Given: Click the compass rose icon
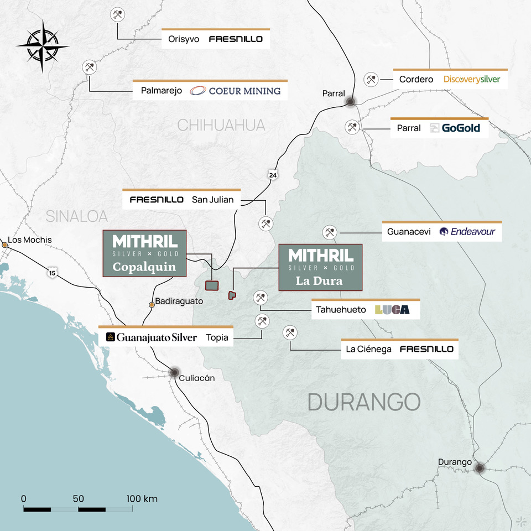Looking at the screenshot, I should coord(43,46).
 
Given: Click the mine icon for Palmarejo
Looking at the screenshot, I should coord(89,67).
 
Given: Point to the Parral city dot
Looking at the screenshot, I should coord(351,102).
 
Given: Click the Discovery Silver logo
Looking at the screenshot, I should coord(471,79).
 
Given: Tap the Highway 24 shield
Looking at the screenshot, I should coord(272,175).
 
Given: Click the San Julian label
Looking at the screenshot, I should coord(212,200).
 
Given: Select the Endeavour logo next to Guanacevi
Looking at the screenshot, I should coord(467,232).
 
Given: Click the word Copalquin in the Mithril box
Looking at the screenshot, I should coord(144,267).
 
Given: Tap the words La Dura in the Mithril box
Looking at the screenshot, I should coord(319,281).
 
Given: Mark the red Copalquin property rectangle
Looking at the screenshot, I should coord(212,285).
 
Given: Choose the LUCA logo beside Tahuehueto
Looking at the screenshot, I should coord(392,310).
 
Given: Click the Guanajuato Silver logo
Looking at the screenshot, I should coord(151,337).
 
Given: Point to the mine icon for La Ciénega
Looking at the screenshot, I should coord(289,332).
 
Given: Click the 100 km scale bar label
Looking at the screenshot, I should coord(142,499).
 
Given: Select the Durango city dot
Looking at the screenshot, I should coord(480,468).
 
